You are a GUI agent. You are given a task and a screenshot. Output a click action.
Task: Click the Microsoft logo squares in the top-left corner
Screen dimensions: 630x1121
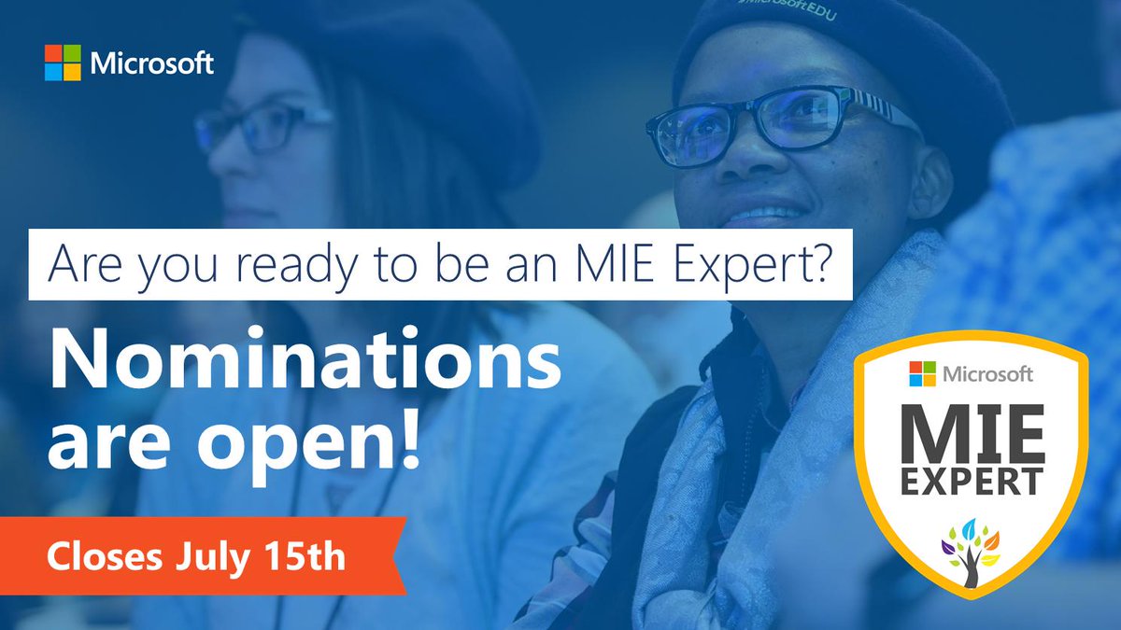click(63, 63)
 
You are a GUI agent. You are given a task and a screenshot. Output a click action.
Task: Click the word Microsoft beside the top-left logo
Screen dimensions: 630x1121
click(152, 64)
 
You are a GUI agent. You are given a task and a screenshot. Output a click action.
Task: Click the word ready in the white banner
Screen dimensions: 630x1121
click(279, 266)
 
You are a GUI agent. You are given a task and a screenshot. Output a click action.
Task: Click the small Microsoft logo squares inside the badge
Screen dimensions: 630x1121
click(923, 375)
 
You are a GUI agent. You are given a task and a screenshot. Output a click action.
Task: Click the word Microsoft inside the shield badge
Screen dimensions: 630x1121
click(987, 375)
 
